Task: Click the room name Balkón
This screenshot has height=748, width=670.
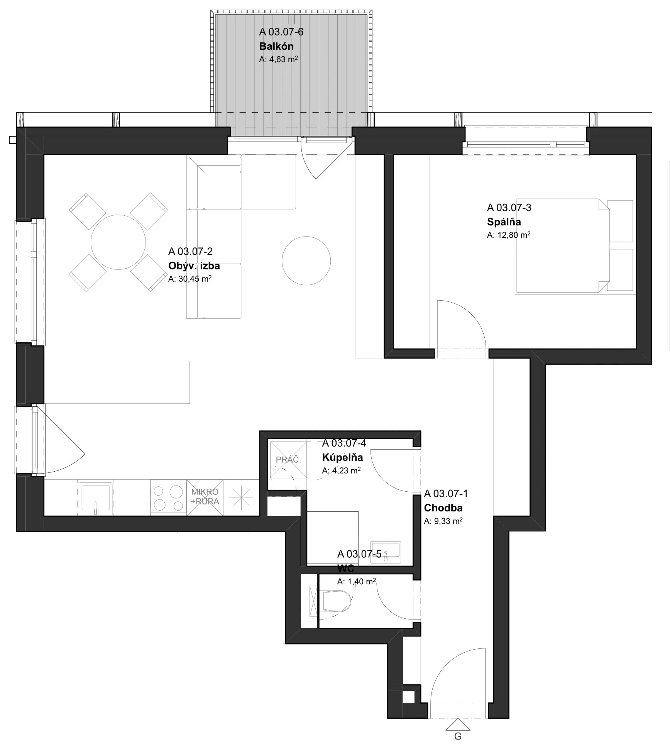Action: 276,46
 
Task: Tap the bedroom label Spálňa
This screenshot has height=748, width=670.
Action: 504,222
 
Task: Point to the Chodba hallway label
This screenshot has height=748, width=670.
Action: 443,508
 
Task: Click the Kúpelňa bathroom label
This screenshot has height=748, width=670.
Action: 342,457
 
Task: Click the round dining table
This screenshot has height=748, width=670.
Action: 118,242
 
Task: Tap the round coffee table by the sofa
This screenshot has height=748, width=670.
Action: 306,261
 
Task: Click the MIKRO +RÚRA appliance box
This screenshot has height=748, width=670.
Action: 205,498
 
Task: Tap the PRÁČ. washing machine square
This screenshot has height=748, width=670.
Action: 288,460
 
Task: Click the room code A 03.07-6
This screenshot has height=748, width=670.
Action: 281,32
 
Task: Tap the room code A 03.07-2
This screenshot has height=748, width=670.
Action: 190,251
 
